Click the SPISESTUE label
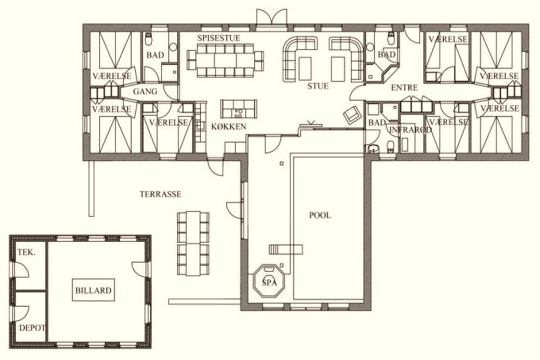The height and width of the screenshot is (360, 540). pos(219,38)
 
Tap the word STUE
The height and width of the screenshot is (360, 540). pos(318,86)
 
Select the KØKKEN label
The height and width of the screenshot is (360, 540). pos(229,126)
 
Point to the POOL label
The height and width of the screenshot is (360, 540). pos(320,215)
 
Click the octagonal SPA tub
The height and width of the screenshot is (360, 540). pos(269,281)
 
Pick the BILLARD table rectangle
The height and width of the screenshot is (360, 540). pos(94,290)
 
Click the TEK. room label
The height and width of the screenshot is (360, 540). pos(26,252)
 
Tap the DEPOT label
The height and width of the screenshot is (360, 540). pos(32,328)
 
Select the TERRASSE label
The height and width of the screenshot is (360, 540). pos(161,194)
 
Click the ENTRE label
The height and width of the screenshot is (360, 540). pos(404,88)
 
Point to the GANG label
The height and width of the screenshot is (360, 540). pos(145,91)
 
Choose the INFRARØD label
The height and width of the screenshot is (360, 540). pos(410,130)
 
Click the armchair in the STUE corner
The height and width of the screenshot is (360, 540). pos(352,115)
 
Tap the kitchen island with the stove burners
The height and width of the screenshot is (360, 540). pos(238,109)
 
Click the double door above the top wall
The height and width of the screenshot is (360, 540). pos(272,17)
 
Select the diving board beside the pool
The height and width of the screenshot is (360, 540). pos(286,250)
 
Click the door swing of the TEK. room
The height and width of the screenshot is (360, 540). pos(22,270)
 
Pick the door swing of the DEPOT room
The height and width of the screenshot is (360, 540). pos(22,314)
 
